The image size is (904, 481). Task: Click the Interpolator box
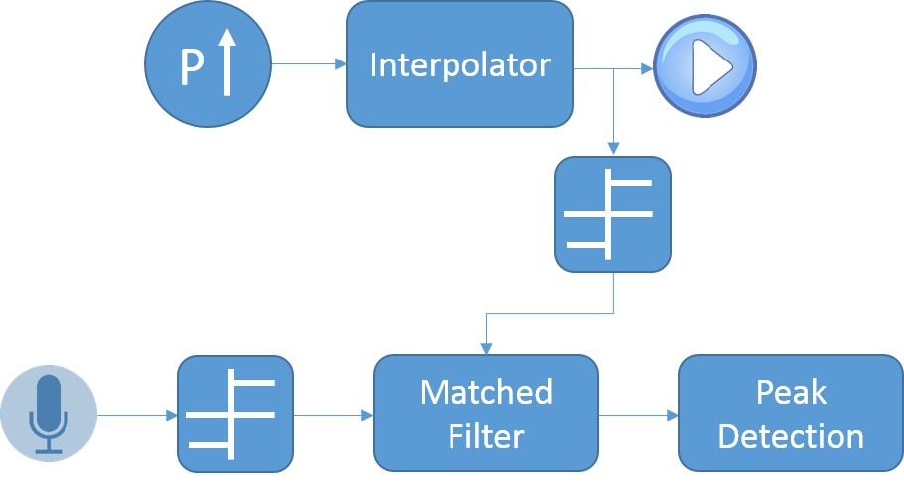[x=459, y=63]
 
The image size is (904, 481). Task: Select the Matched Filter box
[x=485, y=413]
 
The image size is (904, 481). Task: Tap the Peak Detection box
[x=790, y=413]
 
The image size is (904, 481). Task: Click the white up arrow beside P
[x=227, y=62]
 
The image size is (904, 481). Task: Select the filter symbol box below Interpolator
[x=612, y=214]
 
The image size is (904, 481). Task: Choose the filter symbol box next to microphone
[x=235, y=414]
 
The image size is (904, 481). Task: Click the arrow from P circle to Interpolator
[x=308, y=64]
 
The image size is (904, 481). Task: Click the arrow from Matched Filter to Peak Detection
[x=638, y=414]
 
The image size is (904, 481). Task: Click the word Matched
[x=485, y=392]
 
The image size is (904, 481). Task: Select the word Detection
[x=790, y=435]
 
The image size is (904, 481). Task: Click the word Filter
[x=485, y=435]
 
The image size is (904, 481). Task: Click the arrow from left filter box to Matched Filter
[x=333, y=414]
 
